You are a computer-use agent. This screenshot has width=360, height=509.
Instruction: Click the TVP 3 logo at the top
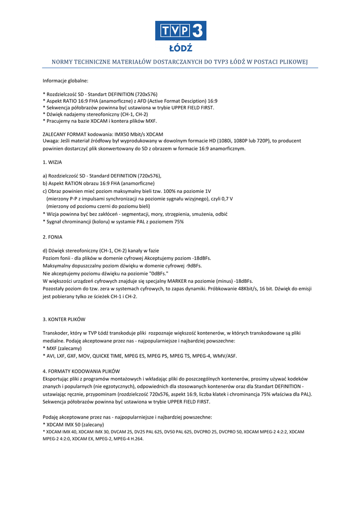click(180, 31)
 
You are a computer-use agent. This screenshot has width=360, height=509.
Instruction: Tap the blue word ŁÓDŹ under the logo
click(180, 48)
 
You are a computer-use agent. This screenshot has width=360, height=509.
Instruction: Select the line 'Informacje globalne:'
click(66, 80)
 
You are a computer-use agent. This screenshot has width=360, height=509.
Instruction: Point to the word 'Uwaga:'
click(51, 141)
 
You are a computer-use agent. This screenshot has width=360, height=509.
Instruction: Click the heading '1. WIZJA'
click(52, 162)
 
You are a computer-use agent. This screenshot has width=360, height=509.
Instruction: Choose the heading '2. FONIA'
click(53, 237)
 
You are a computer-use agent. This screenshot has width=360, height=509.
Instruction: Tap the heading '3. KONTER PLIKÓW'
click(68, 319)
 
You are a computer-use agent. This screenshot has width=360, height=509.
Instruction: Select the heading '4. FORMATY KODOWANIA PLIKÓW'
click(81, 371)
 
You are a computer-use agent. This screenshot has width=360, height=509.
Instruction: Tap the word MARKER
click(178, 281)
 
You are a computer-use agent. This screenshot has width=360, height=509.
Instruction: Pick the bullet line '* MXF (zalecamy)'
click(62, 348)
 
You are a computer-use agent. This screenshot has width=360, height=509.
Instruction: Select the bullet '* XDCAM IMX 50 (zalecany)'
click(74, 424)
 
